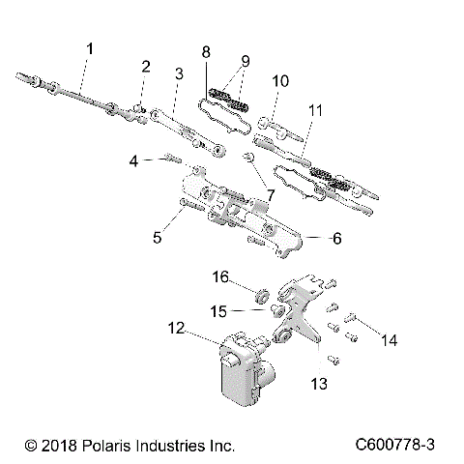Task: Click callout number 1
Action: click(90, 47)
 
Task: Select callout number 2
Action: click(146, 67)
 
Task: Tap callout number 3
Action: click(179, 73)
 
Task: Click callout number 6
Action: click(309, 237)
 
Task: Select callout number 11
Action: click(314, 111)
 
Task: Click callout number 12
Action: click(178, 329)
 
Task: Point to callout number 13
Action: click(319, 384)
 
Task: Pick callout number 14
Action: click(390, 339)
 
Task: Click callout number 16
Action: click(220, 277)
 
